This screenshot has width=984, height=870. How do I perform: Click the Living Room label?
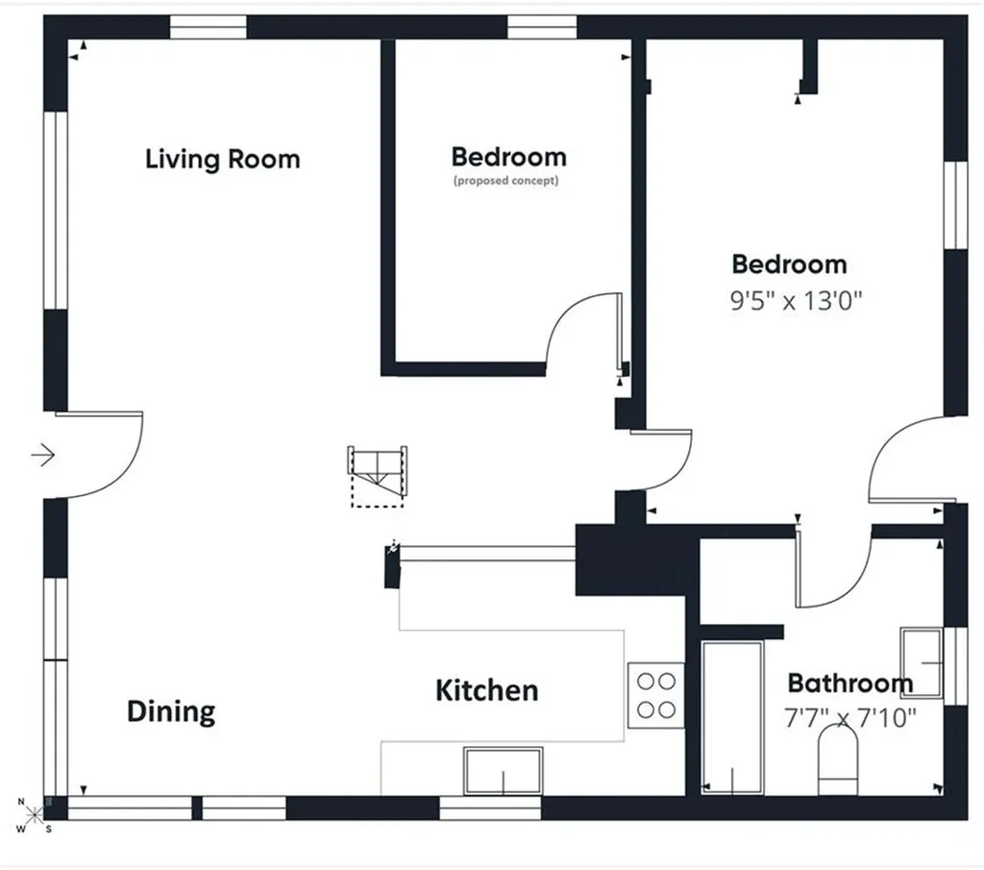[x=223, y=160]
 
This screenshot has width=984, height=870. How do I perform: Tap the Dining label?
[x=171, y=711]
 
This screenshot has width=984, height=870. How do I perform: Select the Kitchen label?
[x=487, y=690]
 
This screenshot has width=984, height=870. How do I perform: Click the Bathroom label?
[x=850, y=683]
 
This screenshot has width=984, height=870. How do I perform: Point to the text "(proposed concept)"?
[x=505, y=181]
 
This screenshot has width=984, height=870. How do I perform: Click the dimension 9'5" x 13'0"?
[x=797, y=301]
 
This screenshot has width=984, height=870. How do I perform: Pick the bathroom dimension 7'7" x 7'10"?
[x=850, y=717]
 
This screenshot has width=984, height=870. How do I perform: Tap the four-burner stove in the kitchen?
[x=655, y=695]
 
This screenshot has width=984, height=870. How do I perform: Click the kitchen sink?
[x=504, y=771]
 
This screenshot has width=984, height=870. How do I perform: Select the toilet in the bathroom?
[x=838, y=759]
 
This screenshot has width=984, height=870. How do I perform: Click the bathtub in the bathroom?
[x=732, y=717]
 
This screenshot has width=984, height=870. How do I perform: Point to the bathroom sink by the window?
[x=922, y=662]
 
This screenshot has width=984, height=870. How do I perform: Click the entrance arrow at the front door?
[x=43, y=455]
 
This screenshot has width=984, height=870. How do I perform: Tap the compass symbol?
[x=34, y=815]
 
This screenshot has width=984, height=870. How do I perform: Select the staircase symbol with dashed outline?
[x=377, y=477]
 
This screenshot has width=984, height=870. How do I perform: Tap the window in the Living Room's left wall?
[x=55, y=211]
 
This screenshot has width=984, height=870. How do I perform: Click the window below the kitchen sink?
[x=490, y=808]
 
